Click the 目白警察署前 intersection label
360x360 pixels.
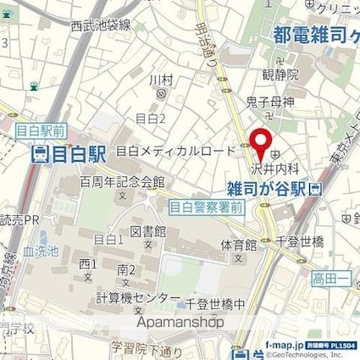[x=207, y=206]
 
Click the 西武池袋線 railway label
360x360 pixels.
[x=101, y=25]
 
